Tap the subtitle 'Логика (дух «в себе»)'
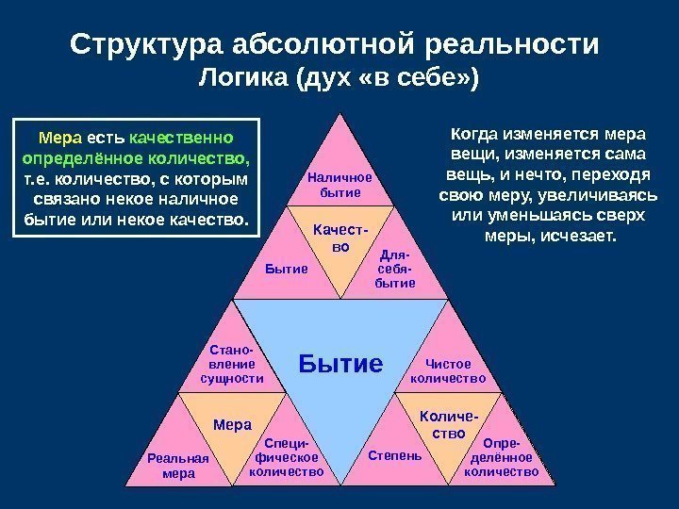339,78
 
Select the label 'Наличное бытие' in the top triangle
340,184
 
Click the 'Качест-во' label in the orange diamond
340,237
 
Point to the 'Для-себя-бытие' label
394,269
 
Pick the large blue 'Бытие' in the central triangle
341,363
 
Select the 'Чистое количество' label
449,370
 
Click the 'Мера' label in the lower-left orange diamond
232,424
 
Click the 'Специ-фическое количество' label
287,457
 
